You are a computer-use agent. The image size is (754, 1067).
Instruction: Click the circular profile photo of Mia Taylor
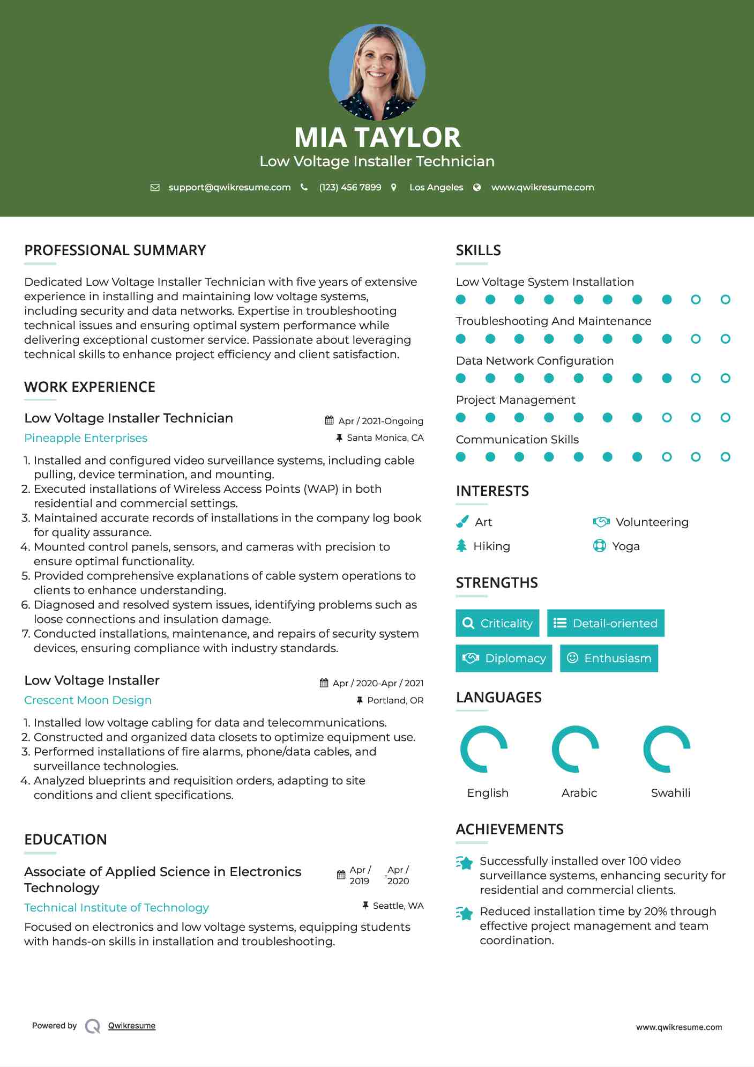point(377,72)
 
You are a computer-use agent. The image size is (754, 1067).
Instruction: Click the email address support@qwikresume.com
point(229,187)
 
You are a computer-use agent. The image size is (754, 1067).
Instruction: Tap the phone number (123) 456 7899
point(350,187)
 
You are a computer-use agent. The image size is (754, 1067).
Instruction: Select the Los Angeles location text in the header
point(436,187)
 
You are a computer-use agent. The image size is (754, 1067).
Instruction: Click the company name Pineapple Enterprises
point(86,438)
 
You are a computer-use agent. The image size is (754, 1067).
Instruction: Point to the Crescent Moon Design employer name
point(88,700)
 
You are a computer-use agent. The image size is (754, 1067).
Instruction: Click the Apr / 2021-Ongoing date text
point(380,421)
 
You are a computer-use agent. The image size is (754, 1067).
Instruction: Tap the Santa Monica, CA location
point(385,438)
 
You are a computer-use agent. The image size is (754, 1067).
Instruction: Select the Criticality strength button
point(497,623)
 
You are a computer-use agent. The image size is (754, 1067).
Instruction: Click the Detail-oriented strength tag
point(606,623)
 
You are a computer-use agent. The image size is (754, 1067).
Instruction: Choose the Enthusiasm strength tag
point(609,658)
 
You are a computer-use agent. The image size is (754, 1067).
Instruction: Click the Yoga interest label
point(625,546)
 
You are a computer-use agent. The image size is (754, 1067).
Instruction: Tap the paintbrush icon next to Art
point(462,522)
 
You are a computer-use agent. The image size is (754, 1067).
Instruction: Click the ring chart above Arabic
point(576,749)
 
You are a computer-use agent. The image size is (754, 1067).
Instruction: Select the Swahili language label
point(670,792)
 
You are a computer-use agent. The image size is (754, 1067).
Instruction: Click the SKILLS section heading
point(478,250)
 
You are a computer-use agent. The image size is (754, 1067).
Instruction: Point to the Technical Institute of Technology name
point(116,907)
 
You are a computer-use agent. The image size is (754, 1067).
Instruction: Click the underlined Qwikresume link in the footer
point(132,1026)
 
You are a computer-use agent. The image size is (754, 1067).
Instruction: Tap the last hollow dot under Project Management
point(725,417)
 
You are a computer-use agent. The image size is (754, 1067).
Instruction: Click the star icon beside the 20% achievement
point(465,913)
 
